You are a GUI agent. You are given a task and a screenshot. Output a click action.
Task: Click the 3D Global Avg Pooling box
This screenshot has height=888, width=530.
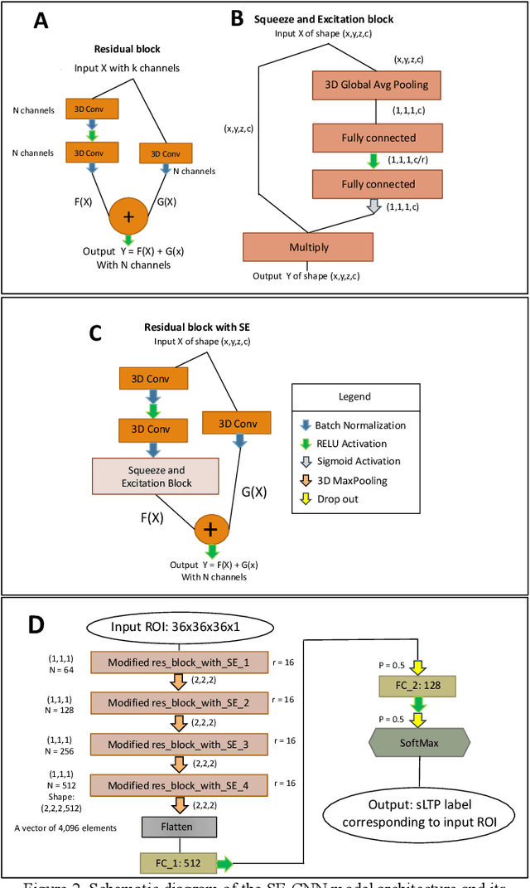(x=377, y=85)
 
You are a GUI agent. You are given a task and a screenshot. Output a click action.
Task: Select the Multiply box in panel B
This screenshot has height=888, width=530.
(x=308, y=247)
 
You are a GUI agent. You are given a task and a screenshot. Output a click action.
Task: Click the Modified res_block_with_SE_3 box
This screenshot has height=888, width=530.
(x=178, y=745)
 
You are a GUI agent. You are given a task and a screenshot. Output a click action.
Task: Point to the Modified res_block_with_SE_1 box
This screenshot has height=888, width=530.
(x=178, y=661)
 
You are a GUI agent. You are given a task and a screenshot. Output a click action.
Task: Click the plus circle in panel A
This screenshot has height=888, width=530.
(x=129, y=217)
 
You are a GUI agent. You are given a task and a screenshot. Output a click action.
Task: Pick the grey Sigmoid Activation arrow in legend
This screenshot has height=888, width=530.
(x=305, y=461)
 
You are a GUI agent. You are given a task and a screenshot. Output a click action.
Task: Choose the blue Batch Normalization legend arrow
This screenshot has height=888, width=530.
(x=305, y=425)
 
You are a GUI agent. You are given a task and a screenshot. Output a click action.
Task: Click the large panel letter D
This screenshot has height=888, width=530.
(x=36, y=624)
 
